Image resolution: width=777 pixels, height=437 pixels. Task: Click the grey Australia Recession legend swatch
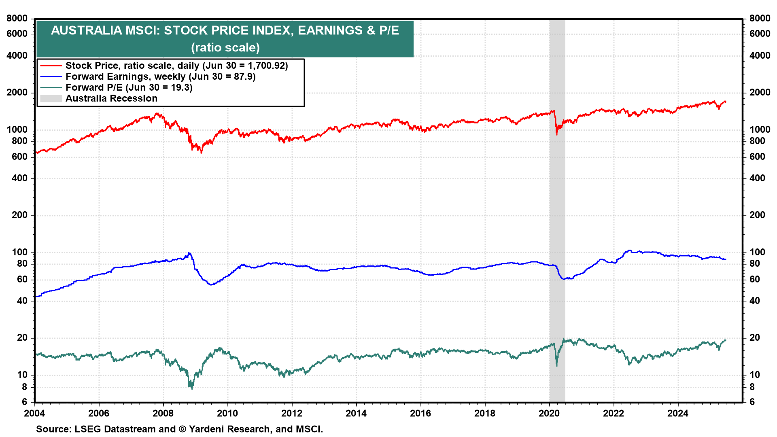click(51, 98)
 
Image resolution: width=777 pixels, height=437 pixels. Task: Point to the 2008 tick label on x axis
click(163, 413)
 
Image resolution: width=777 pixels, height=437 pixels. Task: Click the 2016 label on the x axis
click(420, 413)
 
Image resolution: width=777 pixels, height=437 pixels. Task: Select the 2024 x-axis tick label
click(678, 413)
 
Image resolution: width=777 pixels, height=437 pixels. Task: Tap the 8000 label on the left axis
click(17, 18)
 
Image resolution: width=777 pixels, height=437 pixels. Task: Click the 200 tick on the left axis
click(19, 215)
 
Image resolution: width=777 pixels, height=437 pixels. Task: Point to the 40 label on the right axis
click(754, 301)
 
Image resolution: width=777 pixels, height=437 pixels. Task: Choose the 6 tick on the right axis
click(752, 402)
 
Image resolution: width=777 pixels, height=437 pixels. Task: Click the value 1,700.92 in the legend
click(264, 66)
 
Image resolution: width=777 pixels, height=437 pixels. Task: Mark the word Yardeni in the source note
click(206, 429)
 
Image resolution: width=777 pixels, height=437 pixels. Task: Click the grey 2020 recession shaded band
click(557, 202)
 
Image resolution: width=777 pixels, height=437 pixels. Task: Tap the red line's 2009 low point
click(202, 153)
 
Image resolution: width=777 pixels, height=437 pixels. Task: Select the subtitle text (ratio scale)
click(225, 47)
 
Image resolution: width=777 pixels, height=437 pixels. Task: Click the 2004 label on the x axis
click(34, 413)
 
